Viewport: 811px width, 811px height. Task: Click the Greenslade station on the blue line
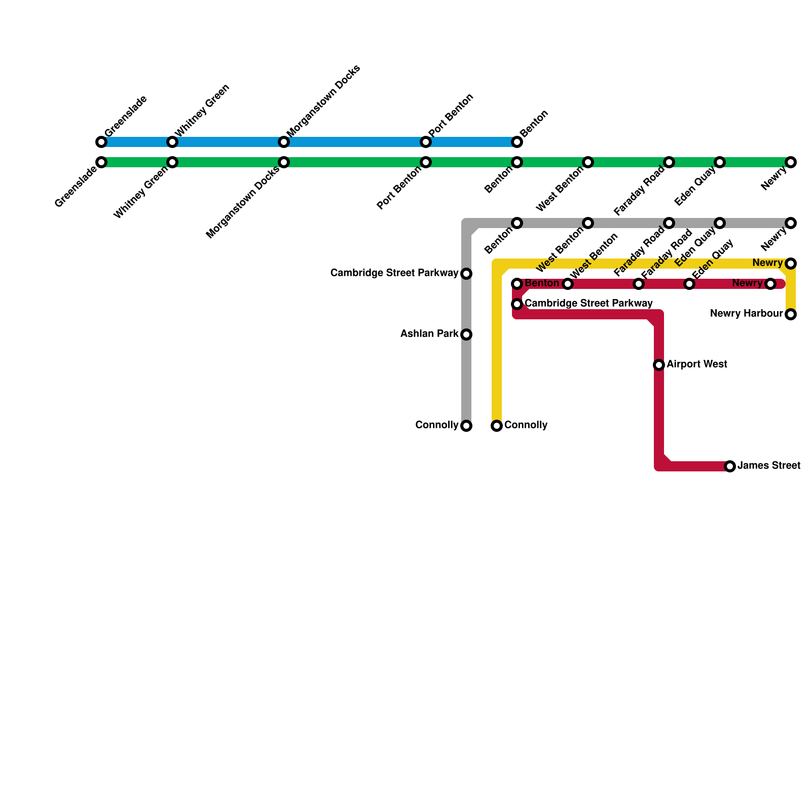(101, 142)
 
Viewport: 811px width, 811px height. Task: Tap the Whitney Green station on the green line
(172, 162)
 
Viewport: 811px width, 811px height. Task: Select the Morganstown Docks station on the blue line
(284, 142)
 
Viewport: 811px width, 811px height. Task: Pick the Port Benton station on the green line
(426, 162)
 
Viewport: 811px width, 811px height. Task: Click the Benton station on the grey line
(517, 223)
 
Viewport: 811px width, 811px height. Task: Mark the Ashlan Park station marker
(466, 335)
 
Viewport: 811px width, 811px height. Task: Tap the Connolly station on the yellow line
(497, 426)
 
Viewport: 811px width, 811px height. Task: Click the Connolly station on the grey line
(466, 426)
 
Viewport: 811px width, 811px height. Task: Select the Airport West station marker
(659, 365)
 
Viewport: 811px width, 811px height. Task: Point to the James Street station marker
(730, 466)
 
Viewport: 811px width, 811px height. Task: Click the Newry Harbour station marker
(791, 314)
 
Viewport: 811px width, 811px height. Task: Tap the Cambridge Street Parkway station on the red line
(517, 304)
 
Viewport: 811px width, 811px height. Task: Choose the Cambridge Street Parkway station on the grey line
(466, 274)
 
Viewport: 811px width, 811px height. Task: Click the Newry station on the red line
(770, 284)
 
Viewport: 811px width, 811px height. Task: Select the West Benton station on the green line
(588, 162)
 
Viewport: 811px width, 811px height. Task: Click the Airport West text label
(697, 364)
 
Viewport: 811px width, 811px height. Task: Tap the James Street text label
(769, 466)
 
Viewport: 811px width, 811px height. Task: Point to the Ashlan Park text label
(429, 334)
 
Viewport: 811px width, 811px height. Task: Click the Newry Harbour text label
(746, 314)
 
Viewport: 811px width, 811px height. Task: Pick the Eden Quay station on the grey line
(720, 223)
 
